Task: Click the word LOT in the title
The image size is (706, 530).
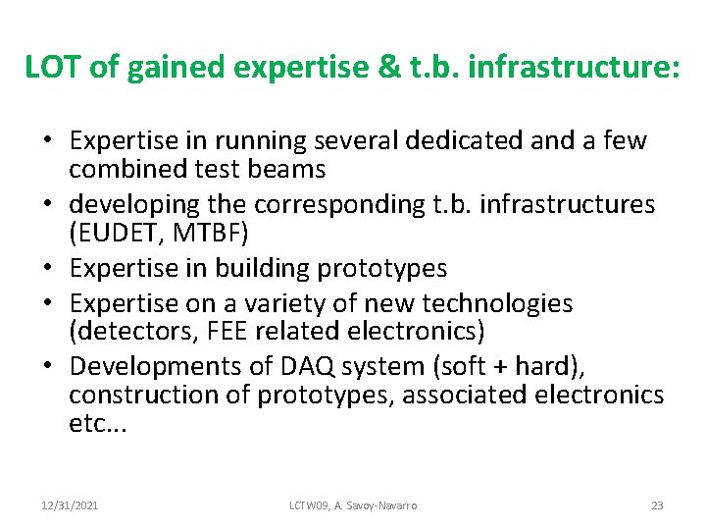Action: (54, 67)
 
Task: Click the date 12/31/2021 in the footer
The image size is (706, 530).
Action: (69, 505)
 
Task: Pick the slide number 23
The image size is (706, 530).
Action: (657, 505)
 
